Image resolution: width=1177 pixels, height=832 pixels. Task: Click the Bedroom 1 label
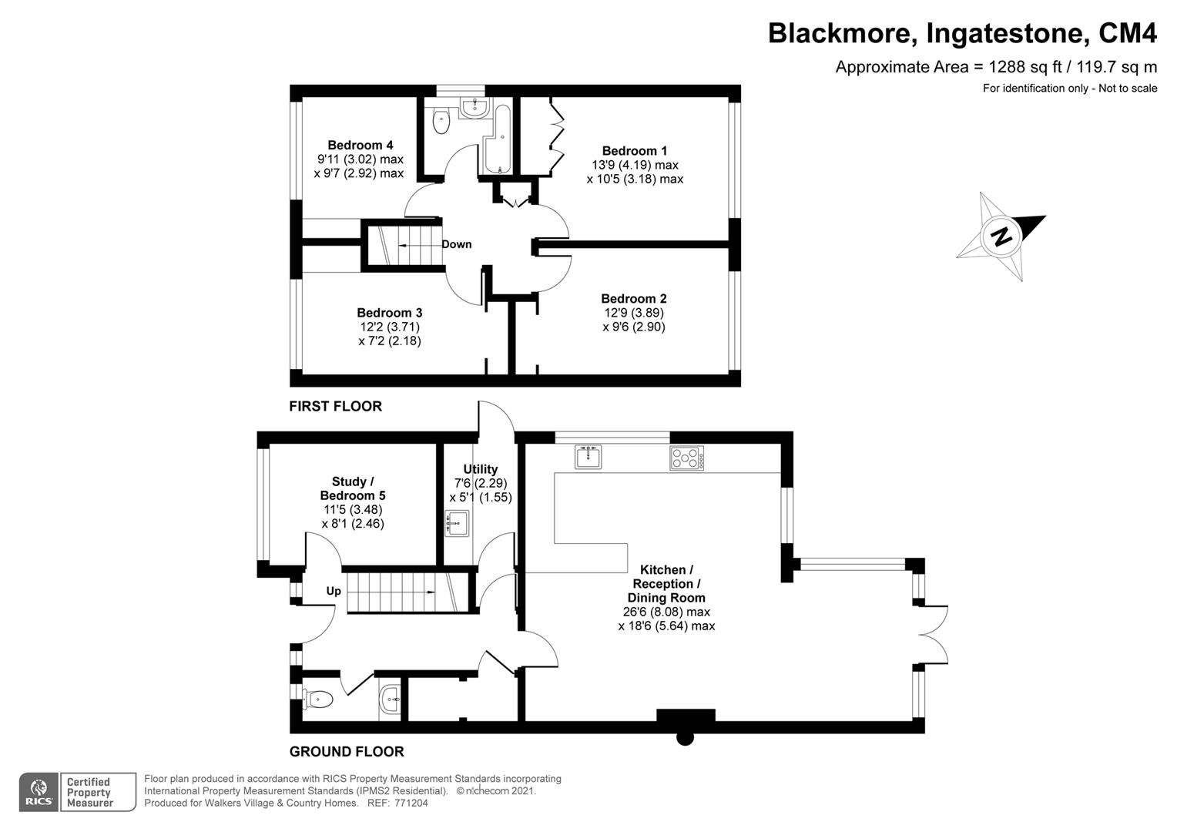634,151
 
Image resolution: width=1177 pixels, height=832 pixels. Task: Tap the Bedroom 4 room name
360,145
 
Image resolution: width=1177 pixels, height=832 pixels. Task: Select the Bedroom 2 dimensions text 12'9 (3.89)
633,313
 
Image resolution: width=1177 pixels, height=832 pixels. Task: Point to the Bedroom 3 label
389,313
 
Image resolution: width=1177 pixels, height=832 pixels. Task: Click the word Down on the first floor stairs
456,244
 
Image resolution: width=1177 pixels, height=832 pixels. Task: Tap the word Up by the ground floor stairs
334,591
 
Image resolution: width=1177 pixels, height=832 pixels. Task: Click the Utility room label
480,469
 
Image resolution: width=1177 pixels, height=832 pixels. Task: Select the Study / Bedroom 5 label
352,488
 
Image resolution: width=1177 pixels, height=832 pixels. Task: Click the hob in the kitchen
686,458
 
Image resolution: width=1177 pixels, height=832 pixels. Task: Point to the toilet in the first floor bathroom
441,121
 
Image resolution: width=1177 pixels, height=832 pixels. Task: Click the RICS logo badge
38,793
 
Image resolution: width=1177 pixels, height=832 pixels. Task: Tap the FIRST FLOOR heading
335,406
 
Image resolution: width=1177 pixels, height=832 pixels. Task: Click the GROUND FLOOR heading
346,751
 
